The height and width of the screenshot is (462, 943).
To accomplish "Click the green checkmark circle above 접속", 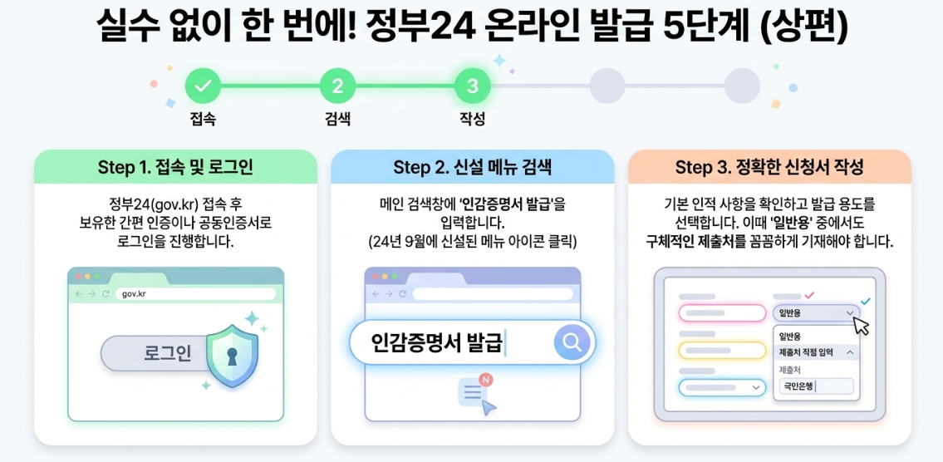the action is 203,85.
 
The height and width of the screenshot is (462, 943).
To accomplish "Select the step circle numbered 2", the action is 337,85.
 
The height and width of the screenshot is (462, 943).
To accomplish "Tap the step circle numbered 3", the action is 472,85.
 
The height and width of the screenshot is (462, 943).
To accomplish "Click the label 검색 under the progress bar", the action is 337,119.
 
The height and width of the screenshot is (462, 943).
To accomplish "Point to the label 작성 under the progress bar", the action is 472,119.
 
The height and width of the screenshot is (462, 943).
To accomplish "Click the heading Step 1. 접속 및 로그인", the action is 175,167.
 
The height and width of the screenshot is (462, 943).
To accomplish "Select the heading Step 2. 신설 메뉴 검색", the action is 472,167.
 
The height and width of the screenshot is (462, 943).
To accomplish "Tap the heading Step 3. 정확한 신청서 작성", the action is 769,167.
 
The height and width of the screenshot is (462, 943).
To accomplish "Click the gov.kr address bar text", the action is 134,294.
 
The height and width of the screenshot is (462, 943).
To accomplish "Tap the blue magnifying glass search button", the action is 571,342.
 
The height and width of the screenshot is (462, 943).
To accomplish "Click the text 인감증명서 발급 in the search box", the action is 437,342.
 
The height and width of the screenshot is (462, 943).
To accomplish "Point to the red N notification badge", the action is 486,380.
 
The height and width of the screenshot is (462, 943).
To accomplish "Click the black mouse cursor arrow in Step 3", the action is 861,325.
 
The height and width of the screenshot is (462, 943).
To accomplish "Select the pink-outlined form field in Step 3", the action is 721,313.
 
